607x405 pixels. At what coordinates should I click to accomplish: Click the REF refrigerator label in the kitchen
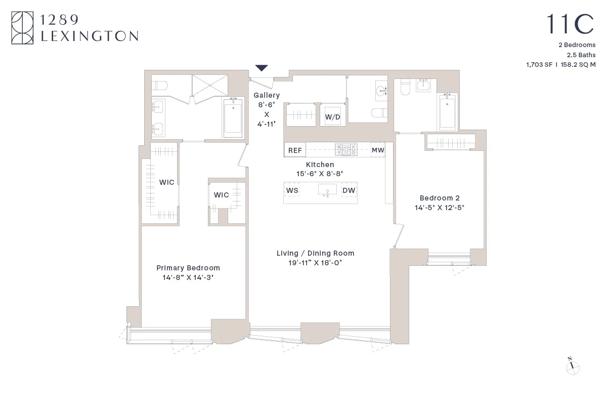point(295,150)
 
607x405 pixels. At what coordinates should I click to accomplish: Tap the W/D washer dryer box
point(332,117)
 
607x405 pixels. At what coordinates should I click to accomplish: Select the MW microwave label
point(378,150)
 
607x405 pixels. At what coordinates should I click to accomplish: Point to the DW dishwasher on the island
point(349,190)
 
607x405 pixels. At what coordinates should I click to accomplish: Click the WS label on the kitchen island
point(292,190)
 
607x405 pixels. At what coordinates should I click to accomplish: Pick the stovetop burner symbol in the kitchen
point(346,149)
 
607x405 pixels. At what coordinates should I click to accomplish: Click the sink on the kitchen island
point(327,190)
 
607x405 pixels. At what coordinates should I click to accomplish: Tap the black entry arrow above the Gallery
point(262,68)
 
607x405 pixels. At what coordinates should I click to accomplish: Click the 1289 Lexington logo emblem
point(23,28)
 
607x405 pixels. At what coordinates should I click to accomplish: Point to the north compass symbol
point(573,368)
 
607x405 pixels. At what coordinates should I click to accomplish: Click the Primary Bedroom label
point(188,268)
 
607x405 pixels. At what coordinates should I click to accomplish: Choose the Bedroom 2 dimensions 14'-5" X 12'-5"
point(440,208)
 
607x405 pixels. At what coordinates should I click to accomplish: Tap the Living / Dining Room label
point(315,253)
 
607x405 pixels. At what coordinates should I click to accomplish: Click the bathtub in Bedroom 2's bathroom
point(447,112)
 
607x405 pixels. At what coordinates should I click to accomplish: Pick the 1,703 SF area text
point(540,65)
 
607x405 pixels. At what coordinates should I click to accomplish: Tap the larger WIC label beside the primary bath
point(167,182)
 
